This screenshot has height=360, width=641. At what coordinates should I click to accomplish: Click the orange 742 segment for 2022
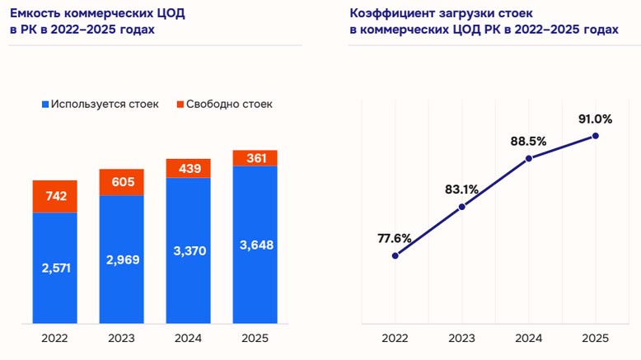(x=55, y=196)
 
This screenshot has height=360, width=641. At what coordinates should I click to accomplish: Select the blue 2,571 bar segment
(x=55, y=268)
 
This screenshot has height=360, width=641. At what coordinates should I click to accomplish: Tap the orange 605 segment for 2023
(x=122, y=182)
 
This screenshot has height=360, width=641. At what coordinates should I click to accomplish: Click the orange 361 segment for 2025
(x=255, y=158)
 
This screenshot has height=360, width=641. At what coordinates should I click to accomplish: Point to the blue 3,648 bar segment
(x=255, y=245)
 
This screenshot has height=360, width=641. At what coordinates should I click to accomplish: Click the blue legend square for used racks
(x=44, y=105)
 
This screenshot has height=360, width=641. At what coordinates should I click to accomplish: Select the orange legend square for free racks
(x=179, y=105)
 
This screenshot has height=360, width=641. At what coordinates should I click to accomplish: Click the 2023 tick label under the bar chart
(x=122, y=337)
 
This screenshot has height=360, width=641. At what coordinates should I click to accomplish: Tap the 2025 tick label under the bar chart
(x=255, y=337)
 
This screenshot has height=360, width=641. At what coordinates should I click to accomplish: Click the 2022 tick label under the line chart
(x=395, y=337)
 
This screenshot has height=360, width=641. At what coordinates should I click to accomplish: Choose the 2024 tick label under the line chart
(x=528, y=337)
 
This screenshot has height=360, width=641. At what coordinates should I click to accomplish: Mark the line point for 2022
(x=395, y=255)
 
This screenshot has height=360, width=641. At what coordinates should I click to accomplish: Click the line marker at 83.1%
(x=461, y=207)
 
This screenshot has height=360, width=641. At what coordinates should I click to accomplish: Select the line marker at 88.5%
(x=528, y=158)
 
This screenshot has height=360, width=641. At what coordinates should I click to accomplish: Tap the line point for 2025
(x=595, y=136)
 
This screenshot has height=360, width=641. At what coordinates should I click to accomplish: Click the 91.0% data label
(x=595, y=119)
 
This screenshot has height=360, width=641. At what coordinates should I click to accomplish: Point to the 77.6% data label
(x=395, y=238)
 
